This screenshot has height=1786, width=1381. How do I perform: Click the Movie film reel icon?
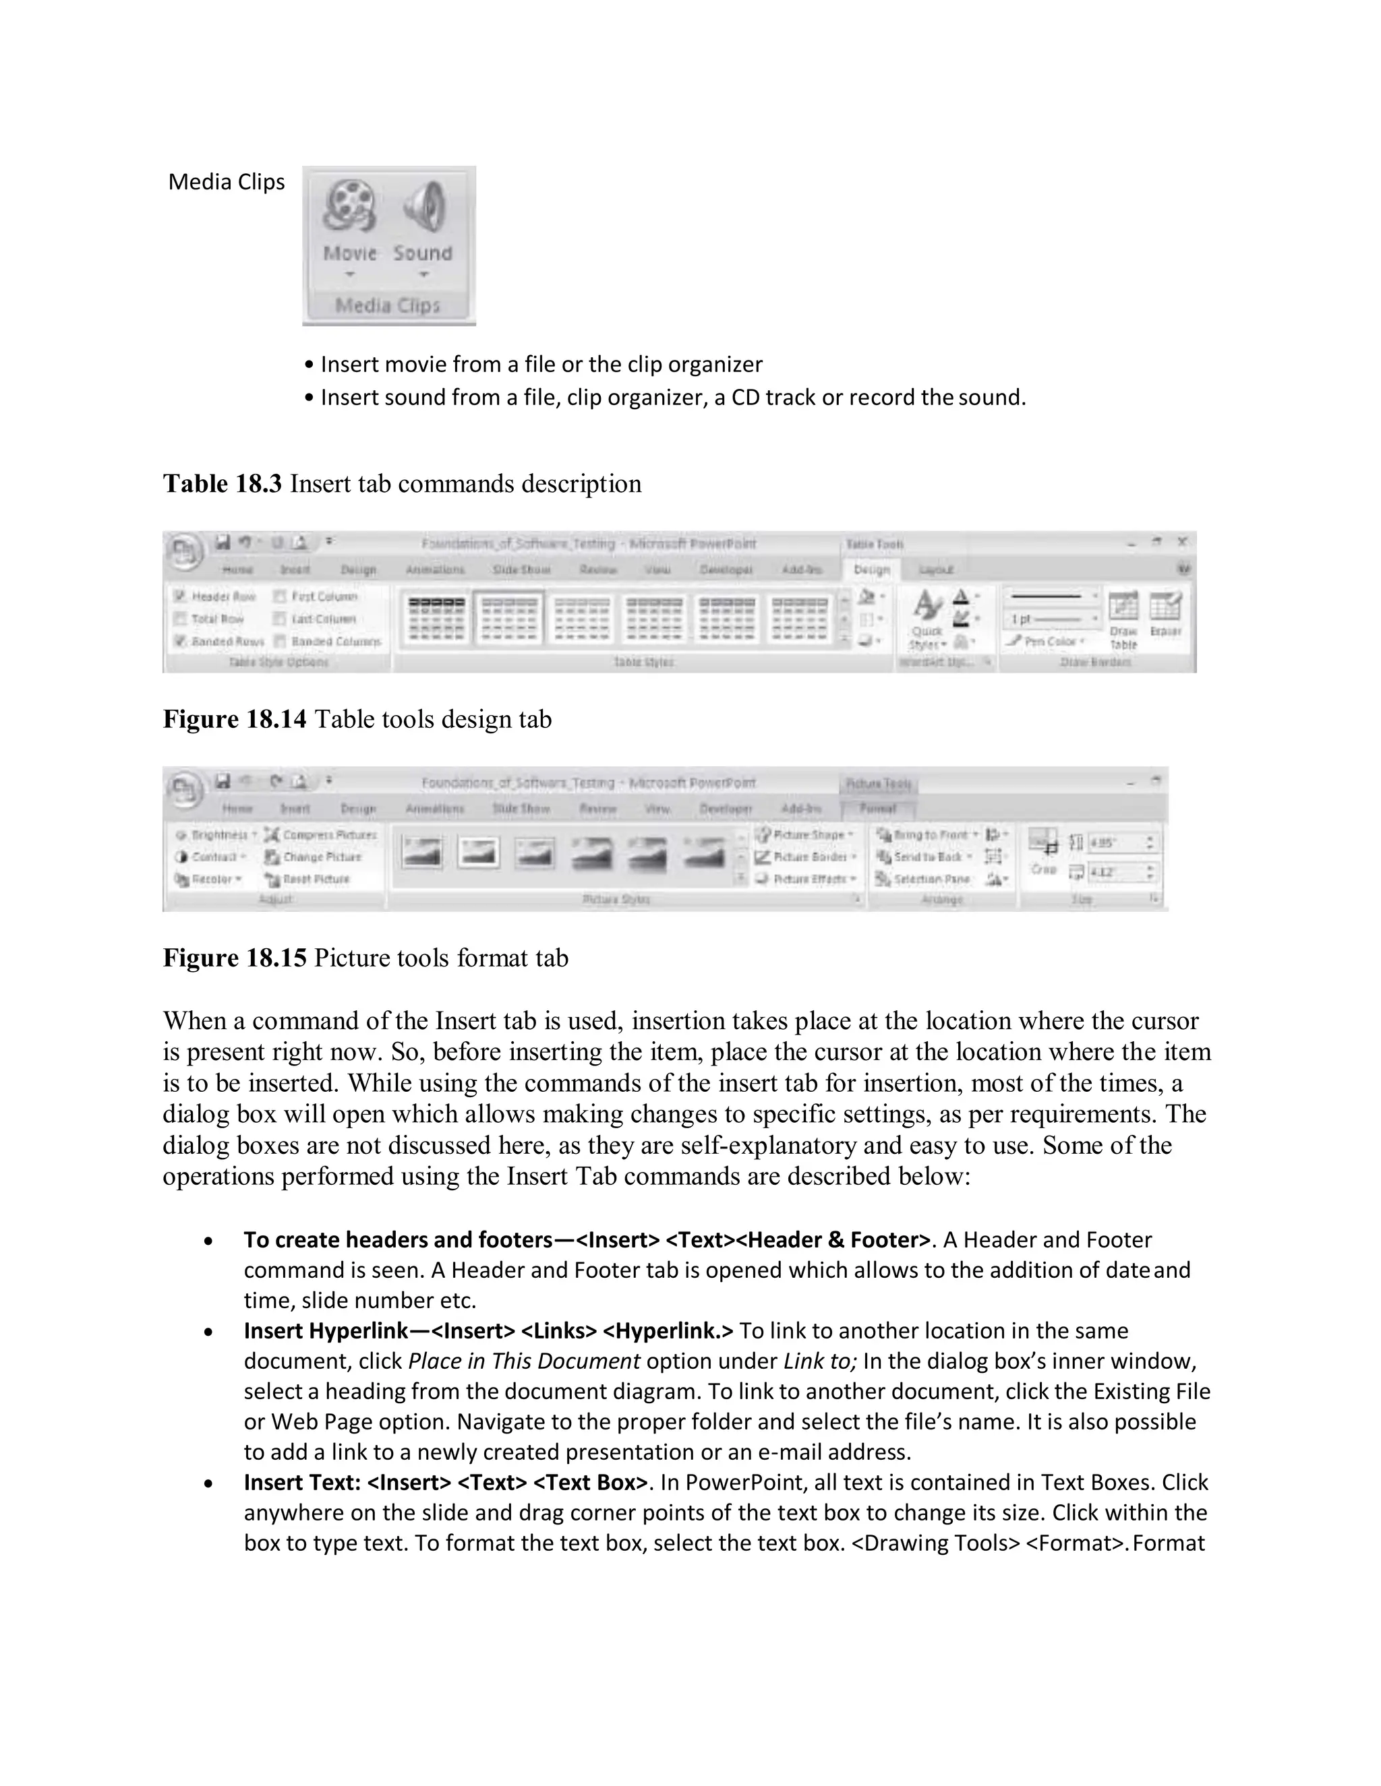click(349, 207)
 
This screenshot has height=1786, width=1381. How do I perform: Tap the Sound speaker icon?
click(423, 207)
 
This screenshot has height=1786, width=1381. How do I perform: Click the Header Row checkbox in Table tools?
click(180, 596)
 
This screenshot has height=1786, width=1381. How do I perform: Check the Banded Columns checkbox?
click(280, 641)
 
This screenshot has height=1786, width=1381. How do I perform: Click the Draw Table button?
click(1123, 618)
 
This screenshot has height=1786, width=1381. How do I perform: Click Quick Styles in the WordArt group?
click(927, 618)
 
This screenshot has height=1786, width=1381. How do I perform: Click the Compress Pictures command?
click(321, 835)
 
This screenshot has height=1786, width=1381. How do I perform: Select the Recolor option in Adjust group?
click(208, 879)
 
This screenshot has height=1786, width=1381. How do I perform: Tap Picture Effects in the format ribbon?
click(805, 879)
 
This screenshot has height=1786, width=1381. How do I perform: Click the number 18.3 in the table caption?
click(258, 483)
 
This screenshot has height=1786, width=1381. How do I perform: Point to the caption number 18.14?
click(276, 719)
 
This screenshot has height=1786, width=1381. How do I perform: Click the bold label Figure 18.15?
click(235, 957)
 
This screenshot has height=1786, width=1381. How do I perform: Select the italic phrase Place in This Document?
click(523, 1361)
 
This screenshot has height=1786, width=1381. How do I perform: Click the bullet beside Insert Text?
click(210, 1483)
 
